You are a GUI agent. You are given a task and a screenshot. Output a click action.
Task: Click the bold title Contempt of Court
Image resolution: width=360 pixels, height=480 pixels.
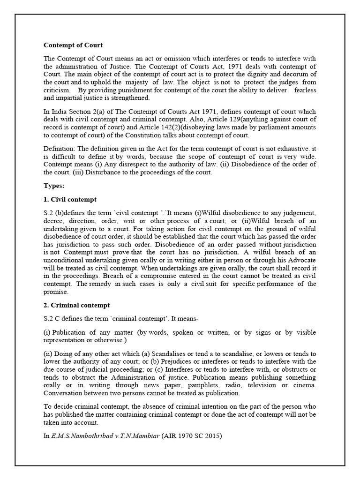coord(73,45)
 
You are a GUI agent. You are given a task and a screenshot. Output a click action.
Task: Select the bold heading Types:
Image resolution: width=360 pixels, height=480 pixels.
coord(54,186)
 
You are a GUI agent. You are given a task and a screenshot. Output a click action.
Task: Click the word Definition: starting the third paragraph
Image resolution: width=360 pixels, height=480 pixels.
coord(60,149)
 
